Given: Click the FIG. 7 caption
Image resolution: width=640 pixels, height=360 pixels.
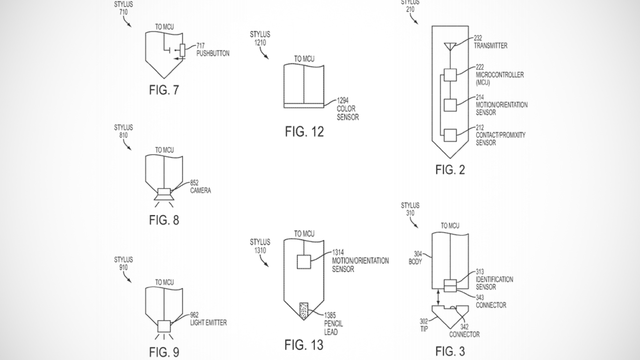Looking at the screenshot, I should pos(164,90).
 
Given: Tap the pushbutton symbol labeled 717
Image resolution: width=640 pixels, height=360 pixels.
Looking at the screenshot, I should pos(182,50).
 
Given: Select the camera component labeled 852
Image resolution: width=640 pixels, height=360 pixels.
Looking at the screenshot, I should pos(164,192).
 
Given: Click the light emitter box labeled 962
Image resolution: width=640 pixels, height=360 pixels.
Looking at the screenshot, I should pos(164,326).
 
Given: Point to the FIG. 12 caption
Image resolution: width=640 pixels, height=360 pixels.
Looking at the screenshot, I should pos(304,132).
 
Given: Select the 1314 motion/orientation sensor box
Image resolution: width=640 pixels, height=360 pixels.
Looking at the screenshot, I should pos(304,262).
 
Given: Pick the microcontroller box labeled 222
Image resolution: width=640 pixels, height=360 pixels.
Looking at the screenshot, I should pos(450,75).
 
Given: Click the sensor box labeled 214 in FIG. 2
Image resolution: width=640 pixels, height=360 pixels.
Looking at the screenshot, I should pos(450,105).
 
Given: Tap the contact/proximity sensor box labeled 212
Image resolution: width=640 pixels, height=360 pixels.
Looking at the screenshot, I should pos(450,135).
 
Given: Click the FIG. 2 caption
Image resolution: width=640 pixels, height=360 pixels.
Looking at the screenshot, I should pos(450,170).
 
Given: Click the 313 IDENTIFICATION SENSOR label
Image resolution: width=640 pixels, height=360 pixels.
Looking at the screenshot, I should pos(494,279).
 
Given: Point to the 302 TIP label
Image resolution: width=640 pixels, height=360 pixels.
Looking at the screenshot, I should pos(424,325).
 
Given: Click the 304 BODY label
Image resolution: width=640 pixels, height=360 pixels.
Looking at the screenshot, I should pos(415,258).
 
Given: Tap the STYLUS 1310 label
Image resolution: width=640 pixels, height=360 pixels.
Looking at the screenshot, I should pos(260,246).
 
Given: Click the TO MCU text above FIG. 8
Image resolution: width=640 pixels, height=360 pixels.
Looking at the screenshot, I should pos(164,150).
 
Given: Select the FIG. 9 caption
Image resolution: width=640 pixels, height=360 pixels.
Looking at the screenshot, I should pos(164,352).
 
